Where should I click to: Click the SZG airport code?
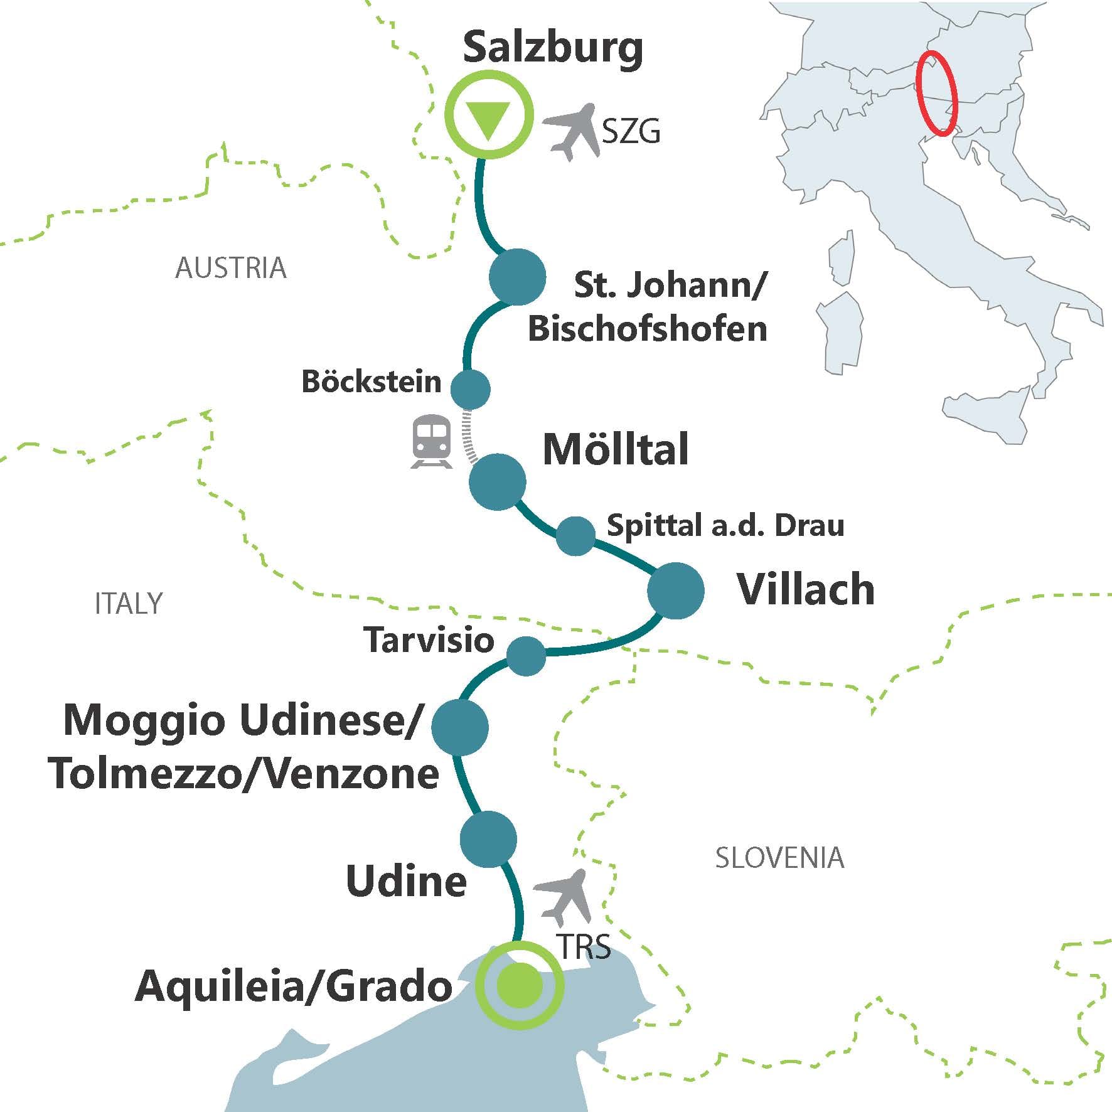[631, 132]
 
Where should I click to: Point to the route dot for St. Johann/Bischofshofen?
[517, 277]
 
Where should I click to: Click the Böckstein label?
[372, 382]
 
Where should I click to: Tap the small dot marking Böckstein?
[470, 389]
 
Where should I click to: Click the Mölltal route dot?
[498, 482]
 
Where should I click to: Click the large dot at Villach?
[675, 591]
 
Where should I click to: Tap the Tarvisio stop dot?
[526, 656]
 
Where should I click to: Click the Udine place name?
[406, 881]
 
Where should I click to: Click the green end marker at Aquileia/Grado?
[519, 985]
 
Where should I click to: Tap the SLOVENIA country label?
[779, 858]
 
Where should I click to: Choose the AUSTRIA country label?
[230, 269]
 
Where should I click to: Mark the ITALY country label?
[129, 604]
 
